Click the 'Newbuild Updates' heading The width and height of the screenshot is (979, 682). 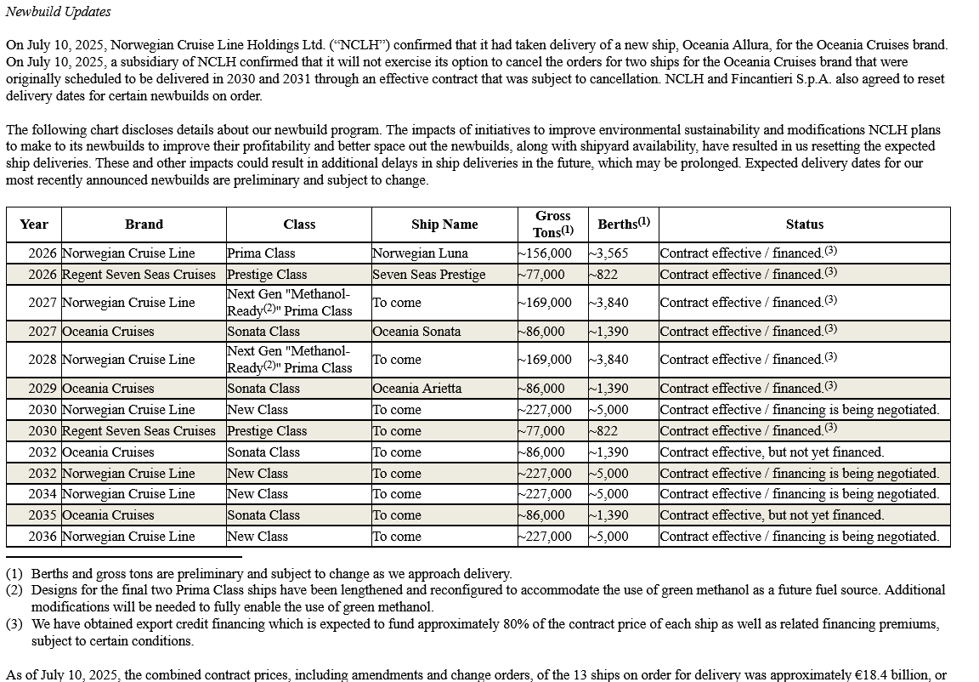click(x=58, y=12)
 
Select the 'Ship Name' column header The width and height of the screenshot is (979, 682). click(x=444, y=224)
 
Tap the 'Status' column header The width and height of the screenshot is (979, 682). click(x=804, y=224)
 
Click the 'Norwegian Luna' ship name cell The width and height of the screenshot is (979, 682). click(x=420, y=253)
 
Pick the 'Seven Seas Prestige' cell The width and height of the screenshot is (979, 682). click(x=429, y=275)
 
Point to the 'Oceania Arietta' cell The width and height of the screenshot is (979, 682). click(x=417, y=389)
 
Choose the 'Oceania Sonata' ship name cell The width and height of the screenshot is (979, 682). click(x=416, y=332)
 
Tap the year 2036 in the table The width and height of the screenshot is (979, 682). click(x=42, y=537)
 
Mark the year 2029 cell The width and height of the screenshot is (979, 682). click(x=42, y=389)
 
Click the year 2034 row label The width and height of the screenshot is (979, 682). click(x=42, y=494)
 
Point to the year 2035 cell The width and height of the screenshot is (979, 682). click(x=42, y=515)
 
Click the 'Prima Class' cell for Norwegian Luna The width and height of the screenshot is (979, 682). click(x=261, y=253)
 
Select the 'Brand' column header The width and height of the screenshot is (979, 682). click(x=144, y=224)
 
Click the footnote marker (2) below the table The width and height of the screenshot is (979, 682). click(x=14, y=590)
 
